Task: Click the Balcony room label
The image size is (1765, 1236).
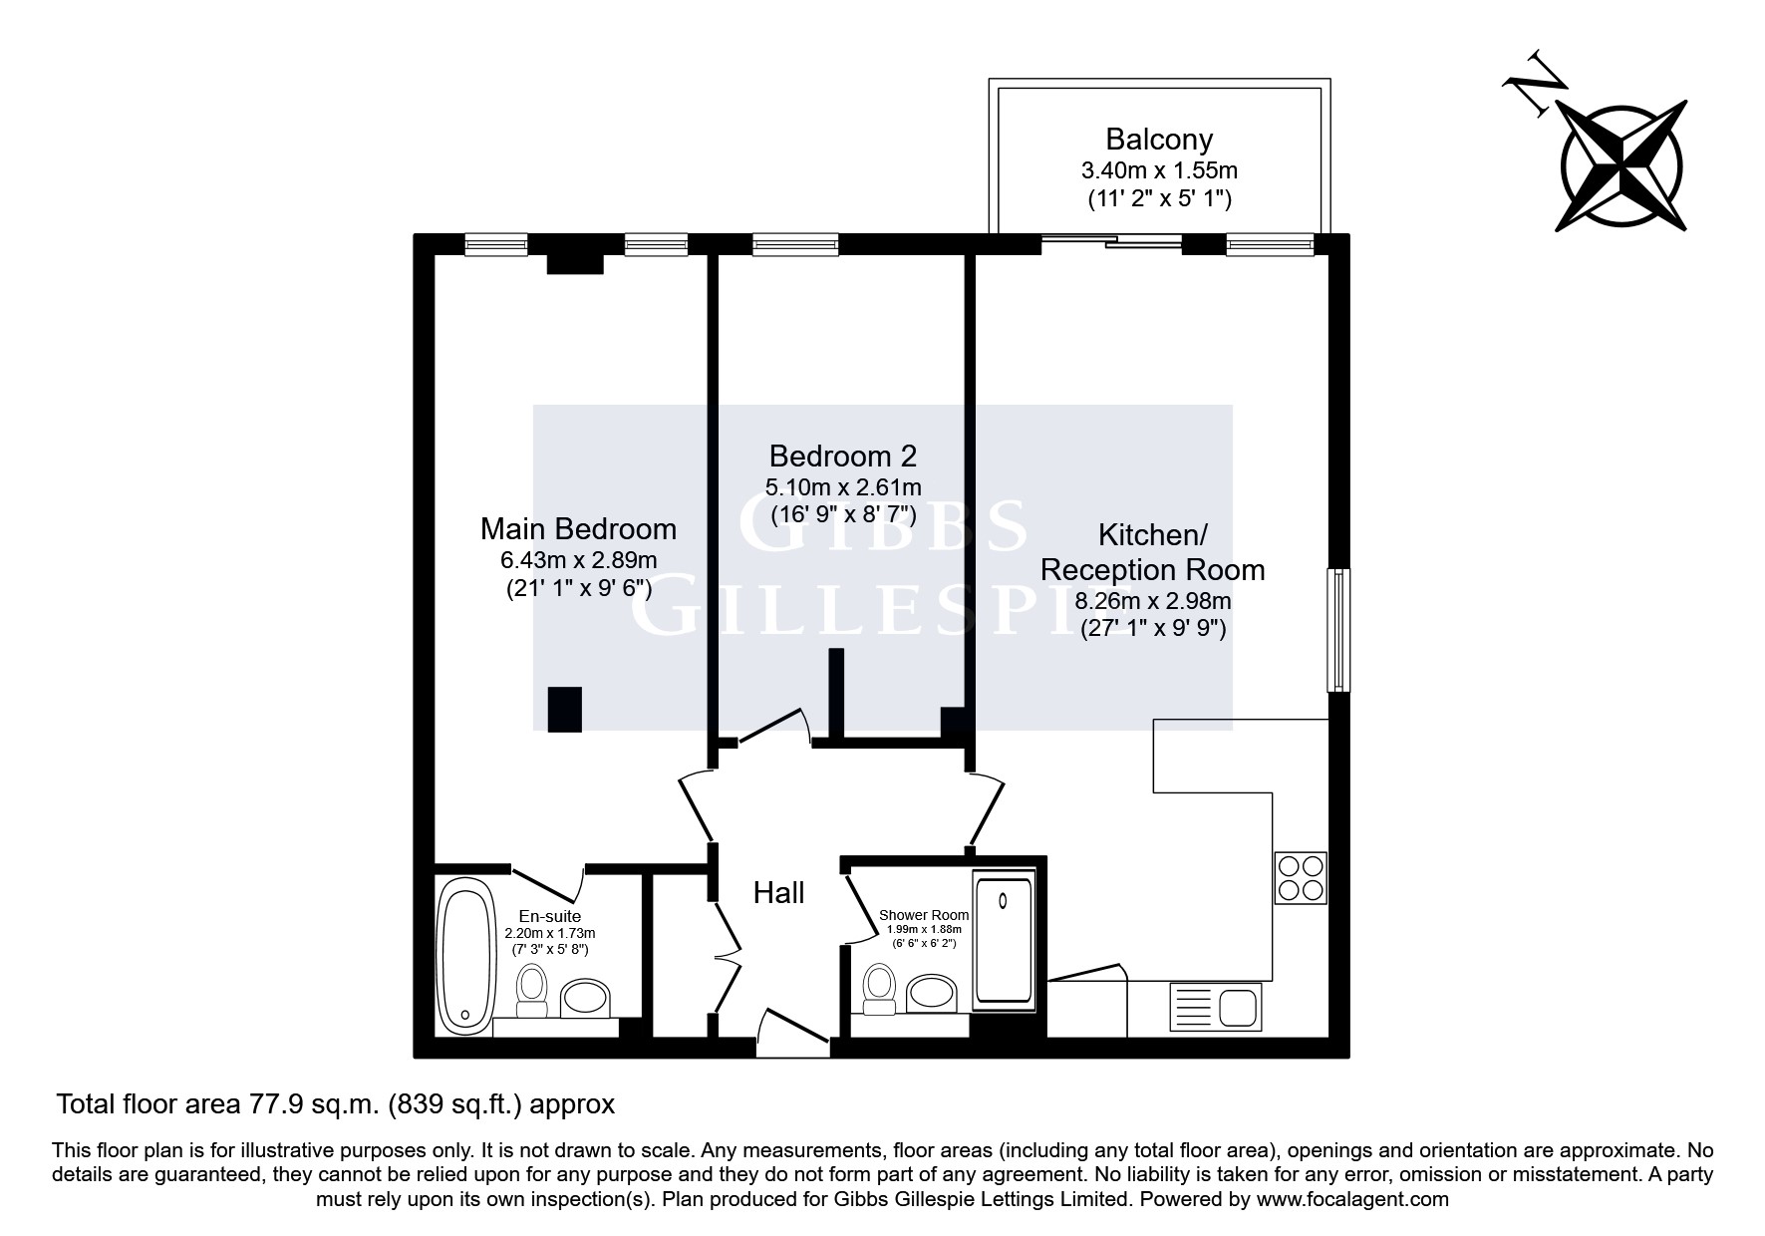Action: pos(1159,139)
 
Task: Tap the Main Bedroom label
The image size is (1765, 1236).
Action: pos(578,528)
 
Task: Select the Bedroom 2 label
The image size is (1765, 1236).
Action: pos(842,457)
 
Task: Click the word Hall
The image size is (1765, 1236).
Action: pos(778,892)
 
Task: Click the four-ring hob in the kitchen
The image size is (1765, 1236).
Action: pos(1301,877)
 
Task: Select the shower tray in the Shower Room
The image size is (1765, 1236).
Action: pos(1005,938)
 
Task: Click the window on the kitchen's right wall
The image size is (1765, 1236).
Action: pos(1337,630)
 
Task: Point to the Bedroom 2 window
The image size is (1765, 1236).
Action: pos(795,243)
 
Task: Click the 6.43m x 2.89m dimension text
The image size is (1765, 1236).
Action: pos(578,560)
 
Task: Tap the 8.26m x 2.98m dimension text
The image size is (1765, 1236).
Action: pos(1153,601)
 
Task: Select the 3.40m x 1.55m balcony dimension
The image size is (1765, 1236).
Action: pos(1159,170)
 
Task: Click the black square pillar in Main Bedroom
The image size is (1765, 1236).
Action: pos(564,710)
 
